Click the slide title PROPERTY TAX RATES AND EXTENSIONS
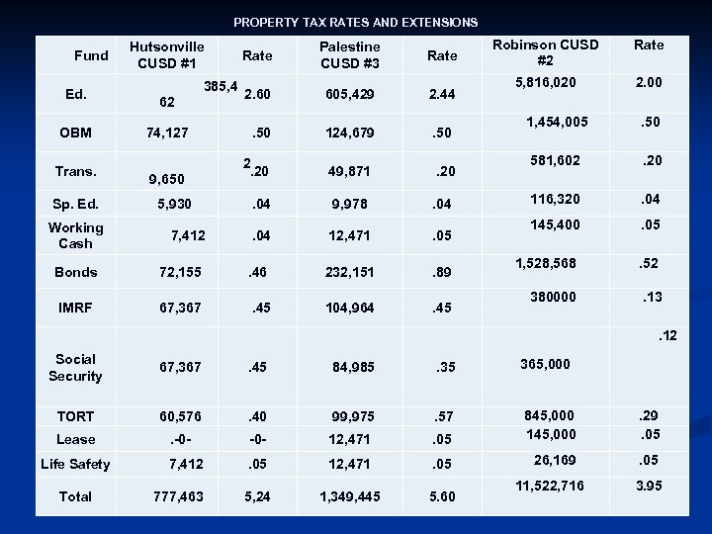pos(355,22)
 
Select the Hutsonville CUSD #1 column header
pos(167,55)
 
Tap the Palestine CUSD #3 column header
pos(350,55)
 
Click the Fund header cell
pos(91,55)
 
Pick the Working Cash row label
pos(75,235)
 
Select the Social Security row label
pos(75,368)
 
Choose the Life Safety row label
pos(75,464)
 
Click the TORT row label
pos(75,416)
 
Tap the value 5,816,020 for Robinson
pos(539,84)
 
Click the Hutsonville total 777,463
pos(179,496)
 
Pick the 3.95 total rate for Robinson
pos(649,485)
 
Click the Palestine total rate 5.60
pos(441,496)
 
